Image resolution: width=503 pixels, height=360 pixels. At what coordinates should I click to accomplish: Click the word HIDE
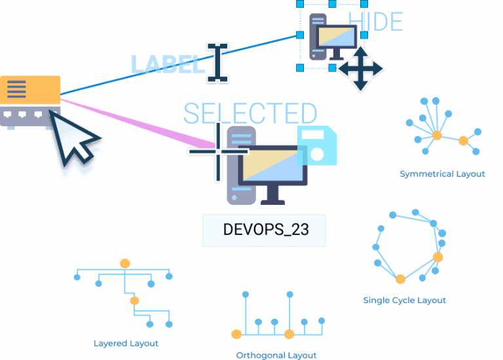tap(376, 22)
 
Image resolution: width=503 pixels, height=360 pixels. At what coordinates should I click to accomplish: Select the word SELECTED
tap(250, 114)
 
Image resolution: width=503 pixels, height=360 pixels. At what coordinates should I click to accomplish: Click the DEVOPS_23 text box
tap(264, 230)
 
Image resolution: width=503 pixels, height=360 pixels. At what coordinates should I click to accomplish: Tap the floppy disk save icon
tap(318, 146)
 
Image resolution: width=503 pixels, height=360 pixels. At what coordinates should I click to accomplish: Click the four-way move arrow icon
tap(360, 69)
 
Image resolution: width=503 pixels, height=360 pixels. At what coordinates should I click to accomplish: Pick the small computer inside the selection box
tap(331, 37)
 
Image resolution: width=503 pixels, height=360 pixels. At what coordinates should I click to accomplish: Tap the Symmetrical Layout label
tap(442, 174)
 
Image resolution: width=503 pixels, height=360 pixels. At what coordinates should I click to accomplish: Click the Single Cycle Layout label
tap(404, 300)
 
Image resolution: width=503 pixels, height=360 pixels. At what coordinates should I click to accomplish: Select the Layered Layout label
tap(126, 343)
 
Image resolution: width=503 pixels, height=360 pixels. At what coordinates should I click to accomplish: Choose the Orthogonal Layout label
tap(276, 355)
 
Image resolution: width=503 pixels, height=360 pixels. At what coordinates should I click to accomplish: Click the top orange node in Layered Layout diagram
tap(125, 264)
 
